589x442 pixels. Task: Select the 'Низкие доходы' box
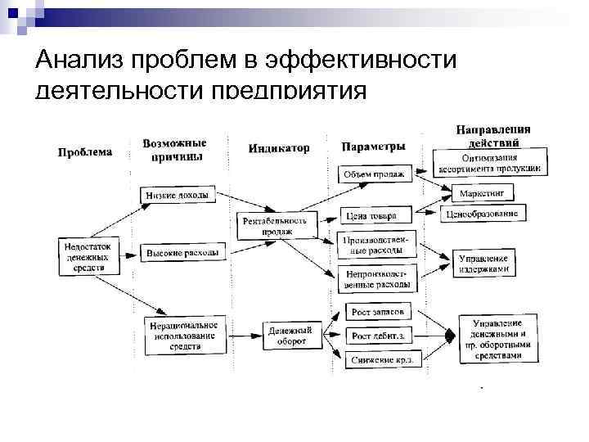[x=177, y=196]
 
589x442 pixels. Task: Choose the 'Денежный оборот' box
[x=287, y=336]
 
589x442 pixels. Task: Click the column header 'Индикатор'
[x=279, y=148]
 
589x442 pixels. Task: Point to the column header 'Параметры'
[x=374, y=147]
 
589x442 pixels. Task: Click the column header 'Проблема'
[x=85, y=151]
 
